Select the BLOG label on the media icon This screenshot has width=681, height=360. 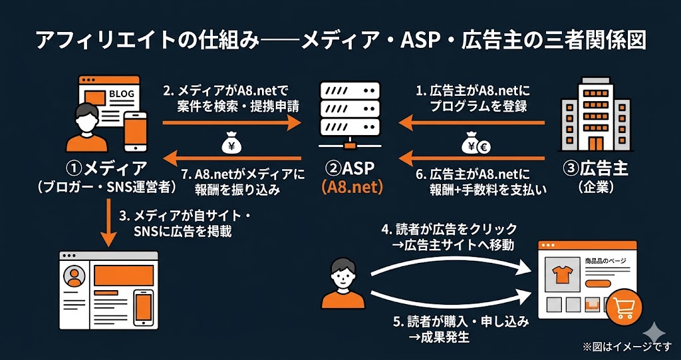120,94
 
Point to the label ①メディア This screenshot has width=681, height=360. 107,168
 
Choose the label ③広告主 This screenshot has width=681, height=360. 594,168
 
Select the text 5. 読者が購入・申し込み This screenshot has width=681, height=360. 462,321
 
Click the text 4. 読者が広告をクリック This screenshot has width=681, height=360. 450,230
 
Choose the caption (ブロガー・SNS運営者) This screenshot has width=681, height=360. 106,188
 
